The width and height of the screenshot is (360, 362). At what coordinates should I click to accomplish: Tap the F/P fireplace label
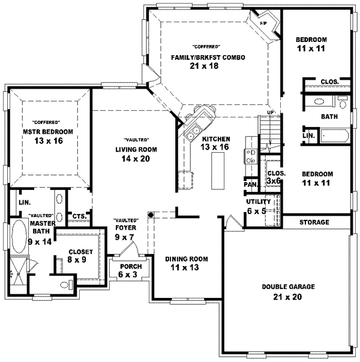[x=263, y=23]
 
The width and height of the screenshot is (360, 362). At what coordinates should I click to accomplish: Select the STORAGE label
[x=314, y=222]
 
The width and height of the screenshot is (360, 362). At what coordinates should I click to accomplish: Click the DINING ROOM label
[x=186, y=259]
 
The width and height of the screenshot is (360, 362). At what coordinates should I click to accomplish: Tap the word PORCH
[x=131, y=267]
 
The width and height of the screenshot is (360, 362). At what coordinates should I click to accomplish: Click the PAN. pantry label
[x=250, y=185]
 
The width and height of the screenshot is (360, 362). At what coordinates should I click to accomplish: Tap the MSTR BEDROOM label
[x=48, y=132]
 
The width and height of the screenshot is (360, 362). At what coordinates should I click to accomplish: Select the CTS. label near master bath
[x=79, y=216]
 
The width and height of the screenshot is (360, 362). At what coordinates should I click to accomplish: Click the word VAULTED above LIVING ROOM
[x=133, y=140]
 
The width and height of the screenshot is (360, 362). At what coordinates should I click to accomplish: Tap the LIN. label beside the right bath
[x=308, y=136]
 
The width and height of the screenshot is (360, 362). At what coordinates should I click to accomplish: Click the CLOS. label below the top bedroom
[x=328, y=82]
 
